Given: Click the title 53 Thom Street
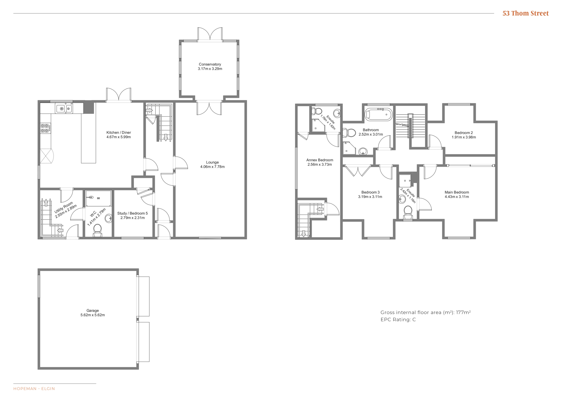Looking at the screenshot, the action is pos(525,13).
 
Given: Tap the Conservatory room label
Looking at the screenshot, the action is pos(210,64).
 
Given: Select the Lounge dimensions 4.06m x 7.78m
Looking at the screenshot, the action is pos(212,167).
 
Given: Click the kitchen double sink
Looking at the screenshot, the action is pos(64,109).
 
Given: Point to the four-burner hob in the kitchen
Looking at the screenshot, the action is pos(46,128).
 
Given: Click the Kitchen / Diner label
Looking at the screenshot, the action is pos(119,132).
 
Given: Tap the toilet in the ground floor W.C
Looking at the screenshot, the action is pos(97,230).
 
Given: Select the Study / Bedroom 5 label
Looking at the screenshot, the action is pos(133,213).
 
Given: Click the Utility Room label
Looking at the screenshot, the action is pos(64,208).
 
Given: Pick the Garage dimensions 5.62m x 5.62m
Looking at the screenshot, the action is pos(92,315).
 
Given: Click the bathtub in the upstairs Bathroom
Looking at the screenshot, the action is pos(378,114).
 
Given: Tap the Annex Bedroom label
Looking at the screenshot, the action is pos(320,160).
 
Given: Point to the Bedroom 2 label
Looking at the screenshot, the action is pos(464,133).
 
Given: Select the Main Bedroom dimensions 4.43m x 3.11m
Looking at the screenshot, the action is pos(457,197).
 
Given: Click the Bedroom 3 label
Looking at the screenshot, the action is pos(370,192).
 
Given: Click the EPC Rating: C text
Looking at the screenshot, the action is pos(398,319).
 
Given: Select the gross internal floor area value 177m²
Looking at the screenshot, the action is pos(463,312).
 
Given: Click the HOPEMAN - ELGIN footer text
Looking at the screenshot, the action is pos(34,389).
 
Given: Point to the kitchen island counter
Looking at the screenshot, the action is pos(88,138).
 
